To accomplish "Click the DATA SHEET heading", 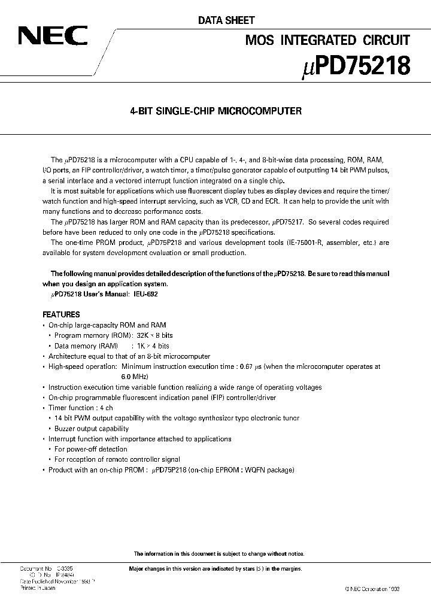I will pos(226,20).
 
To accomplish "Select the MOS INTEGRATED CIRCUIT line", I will pos(327,40).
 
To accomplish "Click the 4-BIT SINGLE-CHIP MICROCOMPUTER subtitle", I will pos(215,111).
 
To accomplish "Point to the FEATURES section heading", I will pos(61,314).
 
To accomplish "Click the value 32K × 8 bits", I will pos(156,335).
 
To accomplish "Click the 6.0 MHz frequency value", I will pos(134,377).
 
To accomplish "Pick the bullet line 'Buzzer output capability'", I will pos(91,429).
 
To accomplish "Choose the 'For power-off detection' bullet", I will pos(90,449).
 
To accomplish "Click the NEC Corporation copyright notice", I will pos(371,589).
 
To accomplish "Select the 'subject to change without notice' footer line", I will pos(218,554).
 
